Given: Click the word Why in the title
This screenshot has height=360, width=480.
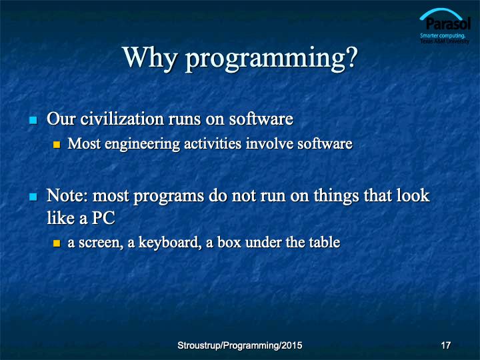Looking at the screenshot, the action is [x=150, y=57].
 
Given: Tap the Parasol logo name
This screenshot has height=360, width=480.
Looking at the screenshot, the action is [x=448, y=24].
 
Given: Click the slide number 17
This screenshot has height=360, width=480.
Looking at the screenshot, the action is [x=446, y=345].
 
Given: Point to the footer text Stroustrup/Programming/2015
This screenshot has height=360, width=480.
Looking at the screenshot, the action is [x=240, y=345].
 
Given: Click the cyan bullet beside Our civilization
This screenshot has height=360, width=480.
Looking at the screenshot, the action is [x=33, y=120].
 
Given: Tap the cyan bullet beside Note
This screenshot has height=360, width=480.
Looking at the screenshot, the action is [x=33, y=197].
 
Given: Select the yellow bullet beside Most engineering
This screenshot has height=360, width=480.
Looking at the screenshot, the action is [x=57, y=145].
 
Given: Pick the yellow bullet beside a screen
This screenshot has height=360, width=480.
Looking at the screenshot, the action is [x=57, y=243].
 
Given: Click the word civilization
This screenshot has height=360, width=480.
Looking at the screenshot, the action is [x=122, y=119].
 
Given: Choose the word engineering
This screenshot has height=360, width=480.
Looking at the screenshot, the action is [x=143, y=144].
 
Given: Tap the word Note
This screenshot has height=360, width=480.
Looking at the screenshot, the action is [x=67, y=195].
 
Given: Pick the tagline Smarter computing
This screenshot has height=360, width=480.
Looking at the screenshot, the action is [x=443, y=36].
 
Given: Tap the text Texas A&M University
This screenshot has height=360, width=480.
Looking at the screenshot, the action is [x=445, y=41].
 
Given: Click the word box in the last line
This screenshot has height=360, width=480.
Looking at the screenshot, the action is [x=229, y=243].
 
